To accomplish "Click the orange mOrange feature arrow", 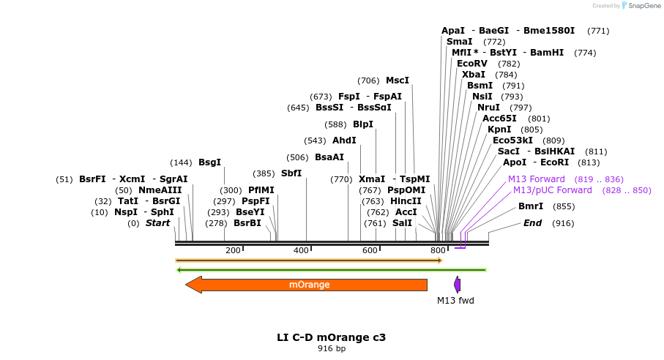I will (307, 285).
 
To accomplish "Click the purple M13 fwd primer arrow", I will (457, 285).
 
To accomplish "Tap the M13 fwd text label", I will (455, 300).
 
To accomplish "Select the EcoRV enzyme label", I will (471, 64).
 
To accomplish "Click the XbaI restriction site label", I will (473, 75).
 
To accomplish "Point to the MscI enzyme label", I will (398, 80).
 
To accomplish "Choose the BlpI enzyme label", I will (363, 124).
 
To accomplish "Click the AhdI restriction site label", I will (344, 140).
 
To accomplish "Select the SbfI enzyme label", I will (291, 173).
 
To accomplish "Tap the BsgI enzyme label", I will (209, 162).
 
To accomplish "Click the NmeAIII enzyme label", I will (160, 190).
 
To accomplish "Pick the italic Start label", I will (157, 223).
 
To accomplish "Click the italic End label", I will (532, 223).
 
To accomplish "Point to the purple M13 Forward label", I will (537, 179).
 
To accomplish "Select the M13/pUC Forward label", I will (552, 190).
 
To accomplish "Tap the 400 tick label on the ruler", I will (301, 251).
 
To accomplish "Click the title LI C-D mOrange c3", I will (331, 337).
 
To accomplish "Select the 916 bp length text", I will (331, 349).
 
